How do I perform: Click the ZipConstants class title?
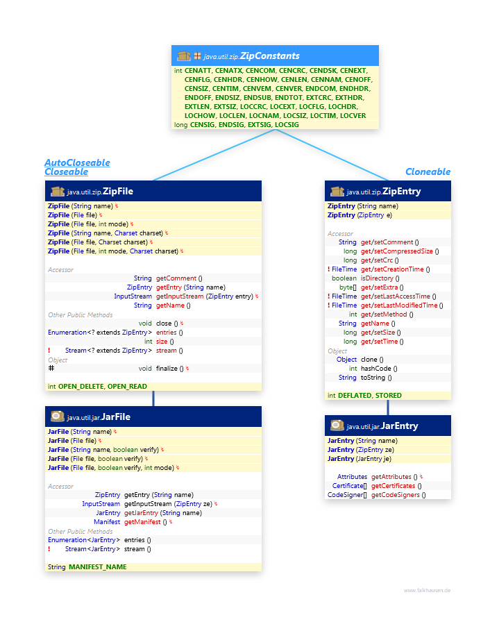click(x=269, y=56)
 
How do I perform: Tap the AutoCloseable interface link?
click(x=77, y=162)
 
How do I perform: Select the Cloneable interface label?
click(x=428, y=171)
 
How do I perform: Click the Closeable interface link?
click(x=66, y=171)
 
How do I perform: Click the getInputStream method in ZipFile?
click(x=180, y=296)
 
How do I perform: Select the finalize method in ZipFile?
click(x=167, y=369)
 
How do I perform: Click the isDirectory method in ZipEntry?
click(x=377, y=278)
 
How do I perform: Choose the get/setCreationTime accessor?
click(x=392, y=269)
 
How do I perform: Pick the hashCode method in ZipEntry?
click(x=375, y=369)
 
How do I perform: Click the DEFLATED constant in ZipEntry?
click(x=355, y=396)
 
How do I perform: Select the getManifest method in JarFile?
click(x=142, y=522)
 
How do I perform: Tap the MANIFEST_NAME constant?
click(x=98, y=567)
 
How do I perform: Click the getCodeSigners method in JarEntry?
click(x=395, y=495)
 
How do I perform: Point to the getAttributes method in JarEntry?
click(x=391, y=477)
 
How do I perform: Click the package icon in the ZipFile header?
click(x=58, y=192)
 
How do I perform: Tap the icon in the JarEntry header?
click(x=337, y=426)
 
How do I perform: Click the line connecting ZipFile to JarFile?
click(x=153, y=398)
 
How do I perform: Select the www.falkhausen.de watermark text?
click(x=427, y=590)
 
